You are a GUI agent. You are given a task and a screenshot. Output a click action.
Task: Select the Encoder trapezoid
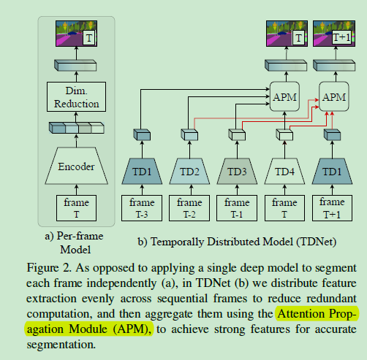[x=77, y=166]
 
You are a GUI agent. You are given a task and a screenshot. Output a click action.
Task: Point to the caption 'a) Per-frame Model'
[x=77, y=242]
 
